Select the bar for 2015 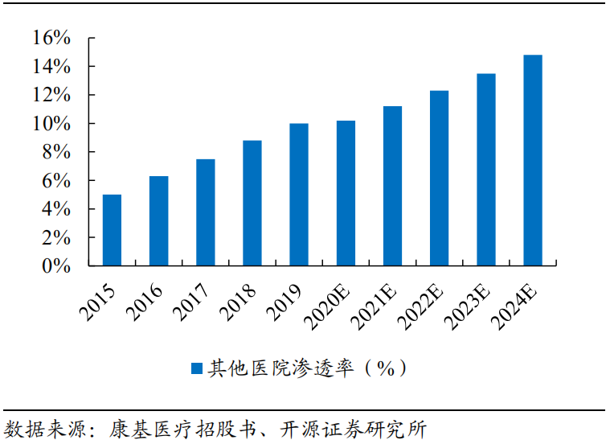click(x=112, y=230)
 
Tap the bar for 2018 click(x=252, y=203)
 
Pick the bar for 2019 click(x=299, y=194)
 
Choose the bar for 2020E click(x=346, y=193)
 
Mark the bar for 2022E click(x=439, y=178)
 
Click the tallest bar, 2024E click(x=532, y=160)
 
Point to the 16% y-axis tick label click(x=53, y=38)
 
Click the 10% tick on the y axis click(x=53, y=124)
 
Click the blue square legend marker click(x=196, y=368)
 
